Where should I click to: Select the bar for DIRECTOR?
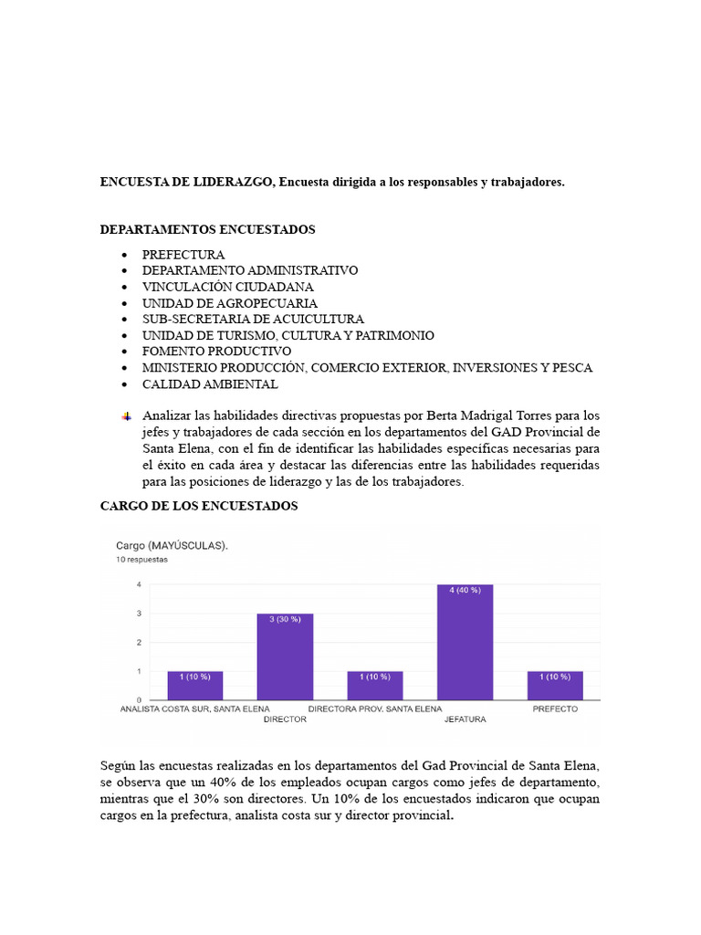click(285, 657)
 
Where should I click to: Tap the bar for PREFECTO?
click(555, 686)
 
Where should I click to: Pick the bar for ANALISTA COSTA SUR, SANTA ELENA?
click(194, 686)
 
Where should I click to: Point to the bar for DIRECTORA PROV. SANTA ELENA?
click(375, 686)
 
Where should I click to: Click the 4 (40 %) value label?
click(465, 591)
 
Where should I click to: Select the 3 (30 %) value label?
click(285, 619)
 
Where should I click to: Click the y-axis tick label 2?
click(139, 642)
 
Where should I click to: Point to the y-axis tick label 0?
click(139, 700)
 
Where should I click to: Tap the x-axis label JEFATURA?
click(465, 720)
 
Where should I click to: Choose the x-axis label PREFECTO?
click(555, 709)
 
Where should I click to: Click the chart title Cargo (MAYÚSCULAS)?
click(172, 545)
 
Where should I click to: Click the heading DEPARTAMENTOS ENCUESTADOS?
click(207, 229)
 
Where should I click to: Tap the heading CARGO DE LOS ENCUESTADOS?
click(198, 505)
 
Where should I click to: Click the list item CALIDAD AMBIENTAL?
click(210, 384)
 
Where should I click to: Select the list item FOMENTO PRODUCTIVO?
click(216, 352)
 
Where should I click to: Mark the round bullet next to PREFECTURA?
click(124, 255)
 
